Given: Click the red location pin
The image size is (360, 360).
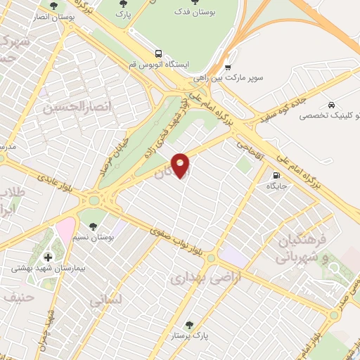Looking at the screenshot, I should click(181, 165).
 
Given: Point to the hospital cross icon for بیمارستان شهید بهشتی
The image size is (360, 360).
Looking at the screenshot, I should click(48, 257).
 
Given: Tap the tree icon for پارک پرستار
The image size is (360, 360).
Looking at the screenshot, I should click(188, 325).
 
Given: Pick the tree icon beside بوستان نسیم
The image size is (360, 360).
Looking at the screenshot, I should click(93, 226).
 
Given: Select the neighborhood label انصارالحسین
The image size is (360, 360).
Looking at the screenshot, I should click(67, 108).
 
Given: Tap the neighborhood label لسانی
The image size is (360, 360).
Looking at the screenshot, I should click(106, 300).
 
